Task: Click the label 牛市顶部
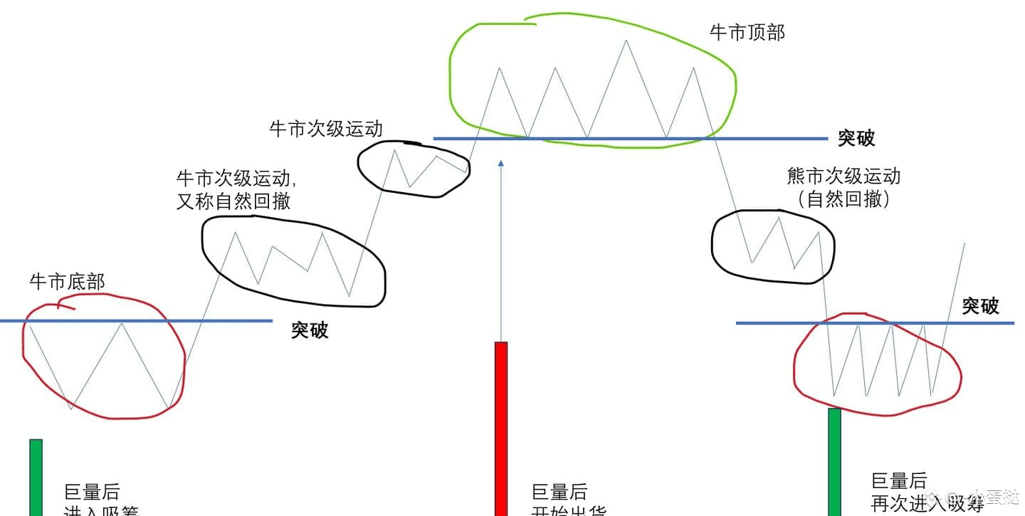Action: pyautogui.click(x=747, y=33)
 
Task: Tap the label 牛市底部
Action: pyautogui.click(x=67, y=282)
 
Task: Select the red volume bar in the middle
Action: pyautogui.click(x=501, y=427)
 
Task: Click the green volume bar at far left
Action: pyautogui.click(x=36, y=477)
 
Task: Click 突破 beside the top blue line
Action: pyautogui.click(x=856, y=138)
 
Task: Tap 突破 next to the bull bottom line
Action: pyautogui.click(x=310, y=330)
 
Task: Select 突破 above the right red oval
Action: pyautogui.click(x=980, y=307)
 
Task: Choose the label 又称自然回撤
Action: pyautogui.click(x=233, y=201)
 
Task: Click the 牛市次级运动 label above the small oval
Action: pyautogui.click(x=325, y=129)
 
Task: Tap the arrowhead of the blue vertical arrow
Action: pyautogui.click(x=501, y=164)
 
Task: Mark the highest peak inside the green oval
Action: pyautogui.click(x=626, y=40)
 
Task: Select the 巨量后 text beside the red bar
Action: pyautogui.click(x=559, y=492)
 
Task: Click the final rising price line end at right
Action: pyautogui.click(x=964, y=244)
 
